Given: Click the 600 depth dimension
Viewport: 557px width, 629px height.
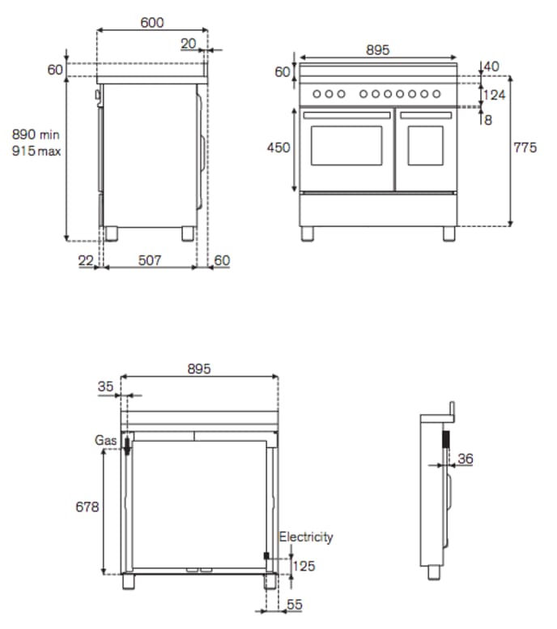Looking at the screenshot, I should [x=151, y=23].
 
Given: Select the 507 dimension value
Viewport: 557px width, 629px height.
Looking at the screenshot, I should [x=149, y=260].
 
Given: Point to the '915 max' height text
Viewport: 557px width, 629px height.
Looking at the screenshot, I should [x=36, y=151].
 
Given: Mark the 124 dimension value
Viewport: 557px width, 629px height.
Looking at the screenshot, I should [x=494, y=96].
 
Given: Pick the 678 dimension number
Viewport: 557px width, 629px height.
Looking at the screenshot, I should [x=87, y=507].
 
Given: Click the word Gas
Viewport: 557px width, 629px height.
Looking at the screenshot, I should [x=105, y=440].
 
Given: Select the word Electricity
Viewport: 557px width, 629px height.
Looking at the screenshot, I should [x=306, y=537].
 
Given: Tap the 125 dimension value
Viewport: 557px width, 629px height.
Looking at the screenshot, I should [x=304, y=566].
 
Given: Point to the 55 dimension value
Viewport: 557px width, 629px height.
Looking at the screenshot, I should [x=295, y=604].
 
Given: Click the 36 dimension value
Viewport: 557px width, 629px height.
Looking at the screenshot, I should [x=465, y=459].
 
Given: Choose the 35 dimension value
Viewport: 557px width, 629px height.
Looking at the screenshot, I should [x=105, y=387].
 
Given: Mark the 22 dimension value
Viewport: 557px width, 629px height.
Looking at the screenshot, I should [x=87, y=260].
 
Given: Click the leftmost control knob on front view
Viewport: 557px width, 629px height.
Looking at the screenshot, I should [x=317, y=95].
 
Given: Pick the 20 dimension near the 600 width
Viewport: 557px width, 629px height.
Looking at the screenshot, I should [x=189, y=44].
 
